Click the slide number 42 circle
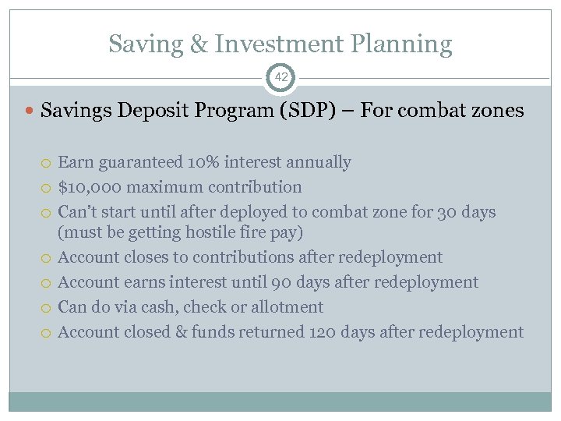coord(280,77)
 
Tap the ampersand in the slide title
coord(200,44)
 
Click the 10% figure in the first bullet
coord(204,162)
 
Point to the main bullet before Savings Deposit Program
coord(30,111)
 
